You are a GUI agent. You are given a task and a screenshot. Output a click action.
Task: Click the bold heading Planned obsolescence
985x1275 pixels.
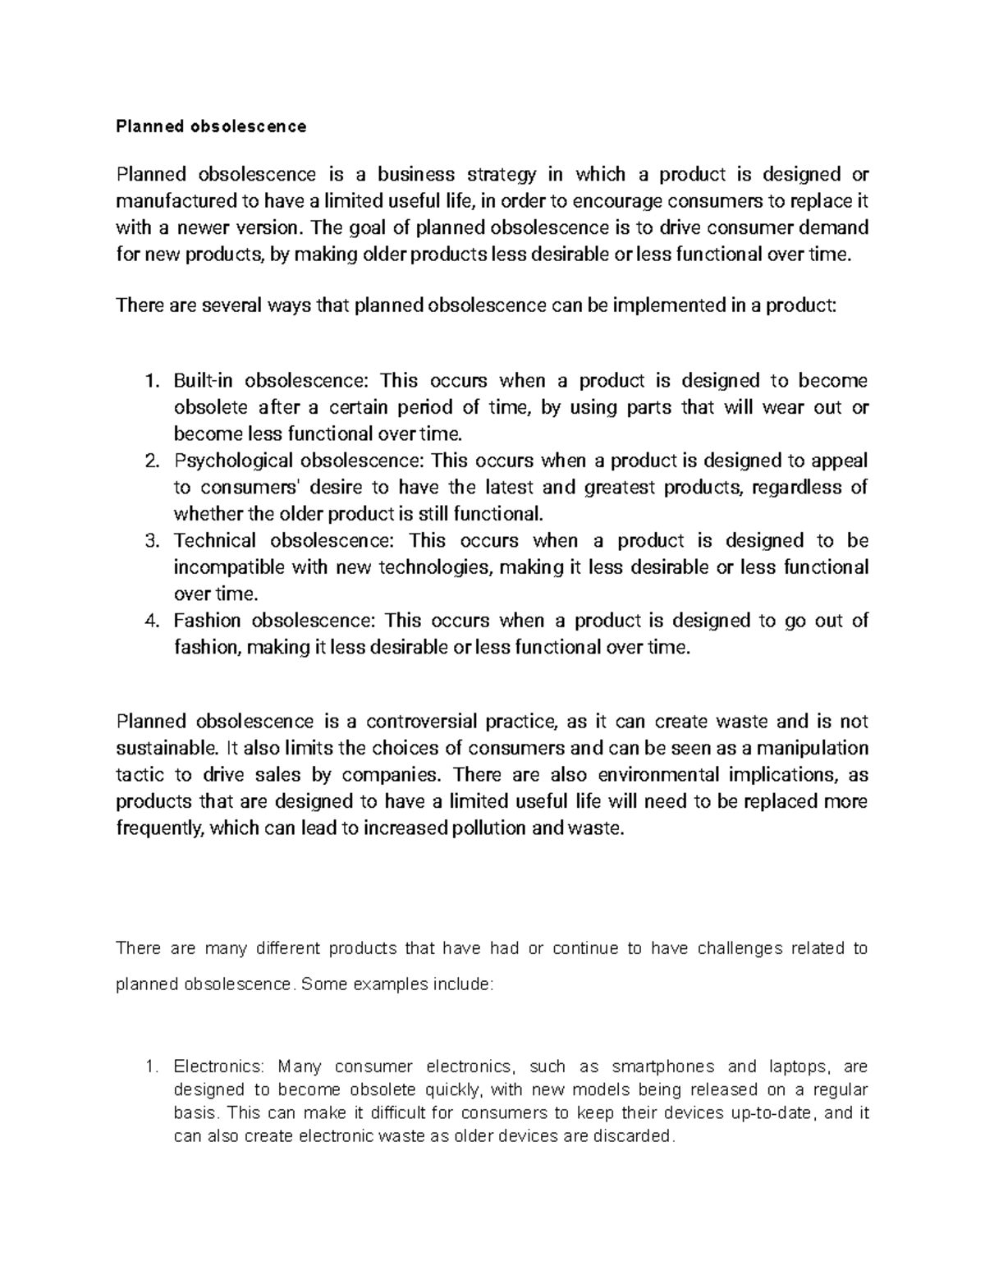tap(211, 126)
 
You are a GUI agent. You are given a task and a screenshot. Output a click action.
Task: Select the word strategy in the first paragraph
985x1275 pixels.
tap(502, 174)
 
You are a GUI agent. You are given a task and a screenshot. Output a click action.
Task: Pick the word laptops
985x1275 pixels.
tap(799, 1067)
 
